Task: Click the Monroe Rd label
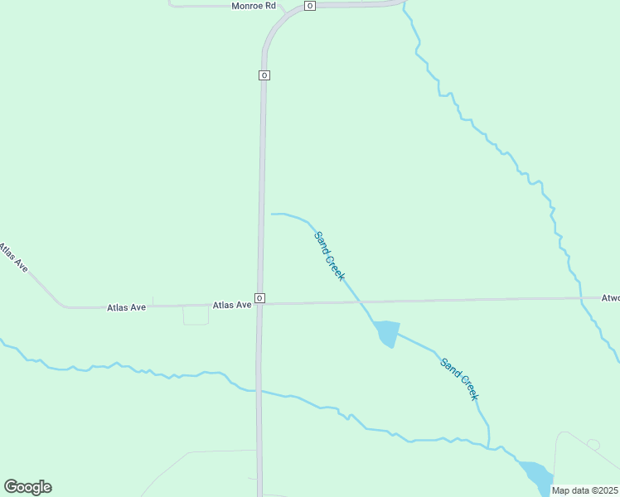(253, 6)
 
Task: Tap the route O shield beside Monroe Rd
(309, 6)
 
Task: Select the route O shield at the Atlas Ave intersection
(259, 298)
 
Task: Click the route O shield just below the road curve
(264, 75)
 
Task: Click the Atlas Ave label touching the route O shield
(232, 305)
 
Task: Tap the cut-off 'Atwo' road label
(610, 297)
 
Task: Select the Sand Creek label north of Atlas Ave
(329, 256)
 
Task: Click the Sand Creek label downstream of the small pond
(459, 379)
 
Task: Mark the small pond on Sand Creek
(387, 332)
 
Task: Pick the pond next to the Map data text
(537, 475)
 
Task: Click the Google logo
(27, 487)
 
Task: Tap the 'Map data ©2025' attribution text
(585, 490)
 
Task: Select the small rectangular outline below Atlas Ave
(196, 315)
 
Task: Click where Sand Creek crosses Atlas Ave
(359, 302)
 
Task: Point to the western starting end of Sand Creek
(272, 214)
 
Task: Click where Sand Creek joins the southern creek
(489, 448)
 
